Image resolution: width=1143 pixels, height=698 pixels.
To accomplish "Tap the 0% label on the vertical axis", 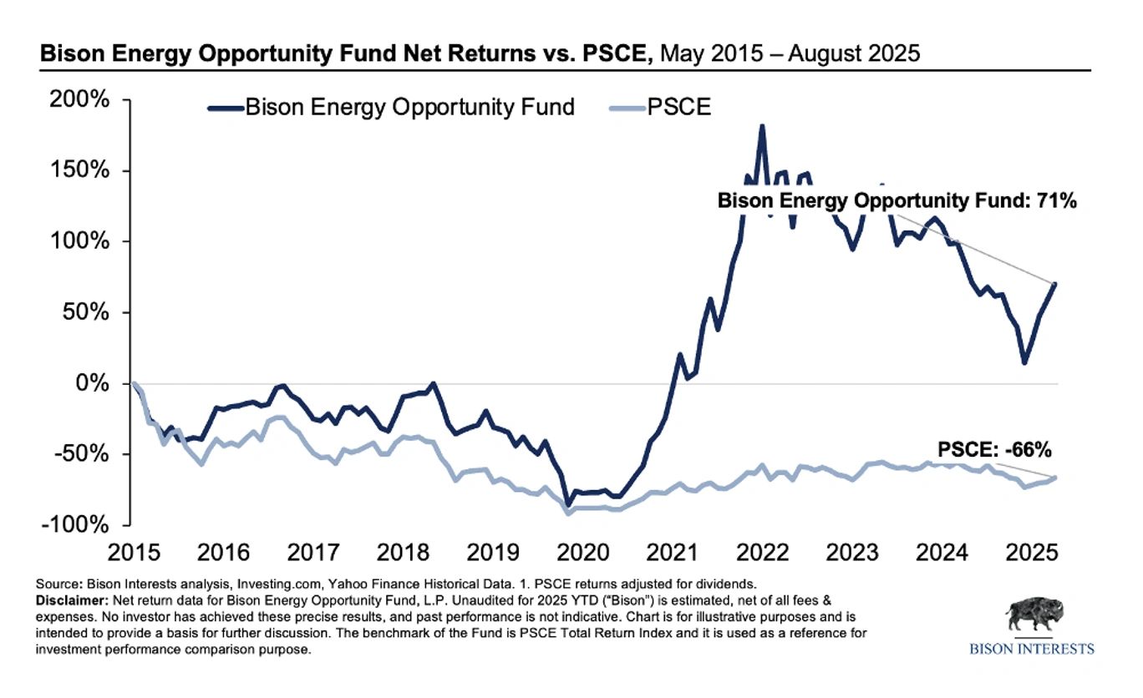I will point(95,384).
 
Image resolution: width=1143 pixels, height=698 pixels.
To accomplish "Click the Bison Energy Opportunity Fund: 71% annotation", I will point(897,201).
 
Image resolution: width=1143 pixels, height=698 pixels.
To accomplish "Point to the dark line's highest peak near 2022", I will point(761,127).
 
